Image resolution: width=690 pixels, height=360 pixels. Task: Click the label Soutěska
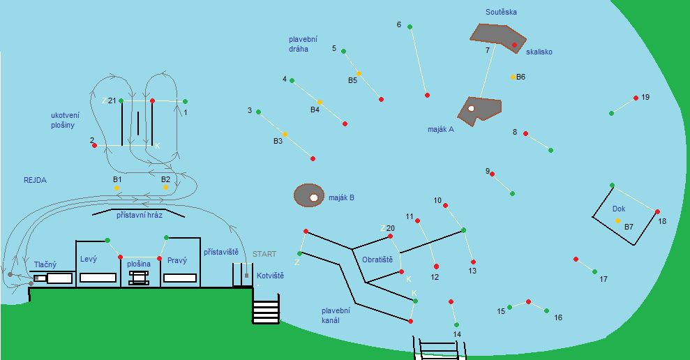click(x=501, y=12)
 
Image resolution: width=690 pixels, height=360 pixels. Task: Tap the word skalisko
click(x=539, y=52)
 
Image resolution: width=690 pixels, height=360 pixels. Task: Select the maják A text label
click(x=440, y=129)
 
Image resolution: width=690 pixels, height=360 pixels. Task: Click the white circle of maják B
click(x=314, y=197)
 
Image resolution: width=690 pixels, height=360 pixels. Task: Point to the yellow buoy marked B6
click(x=513, y=77)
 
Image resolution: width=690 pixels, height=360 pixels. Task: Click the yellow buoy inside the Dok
click(x=617, y=220)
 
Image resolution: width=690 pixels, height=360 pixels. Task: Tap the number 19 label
click(x=645, y=97)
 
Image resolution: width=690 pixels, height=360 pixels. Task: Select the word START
click(x=264, y=254)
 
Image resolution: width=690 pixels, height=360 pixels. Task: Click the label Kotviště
click(x=270, y=276)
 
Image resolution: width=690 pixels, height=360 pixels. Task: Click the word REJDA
click(x=35, y=180)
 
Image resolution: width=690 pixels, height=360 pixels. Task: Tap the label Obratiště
click(x=377, y=260)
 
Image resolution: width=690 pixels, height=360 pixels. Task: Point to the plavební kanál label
click(x=336, y=315)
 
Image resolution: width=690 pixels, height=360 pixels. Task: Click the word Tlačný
click(x=45, y=264)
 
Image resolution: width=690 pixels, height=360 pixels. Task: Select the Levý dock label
click(x=89, y=260)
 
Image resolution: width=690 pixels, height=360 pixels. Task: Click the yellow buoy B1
click(x=117, y=188)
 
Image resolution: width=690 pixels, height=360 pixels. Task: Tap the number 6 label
click(x=399, y=24)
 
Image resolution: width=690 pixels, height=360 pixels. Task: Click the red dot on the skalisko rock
click(x=514, y=45)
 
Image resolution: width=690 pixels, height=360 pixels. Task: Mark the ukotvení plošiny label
click(x=64, y=120)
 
